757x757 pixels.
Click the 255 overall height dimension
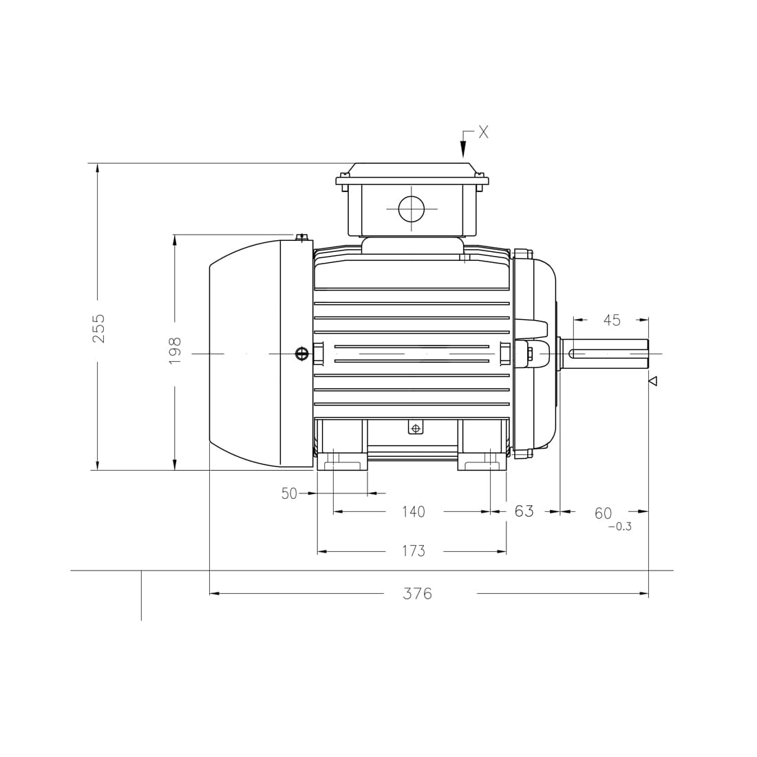[99, 328]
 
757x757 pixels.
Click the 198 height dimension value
[175, 350]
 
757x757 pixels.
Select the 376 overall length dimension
[417, 594]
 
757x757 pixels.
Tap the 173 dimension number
[413, 551]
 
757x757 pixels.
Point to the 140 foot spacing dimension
[413, 512]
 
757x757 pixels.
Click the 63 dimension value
[524, 511]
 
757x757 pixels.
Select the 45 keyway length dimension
[611, 320]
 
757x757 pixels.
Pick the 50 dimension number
[289, 493]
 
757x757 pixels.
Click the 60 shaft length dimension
[603, 513]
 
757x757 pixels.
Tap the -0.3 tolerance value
[619, 527]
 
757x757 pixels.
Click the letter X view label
[484, 132]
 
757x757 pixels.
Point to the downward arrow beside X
[463, 147]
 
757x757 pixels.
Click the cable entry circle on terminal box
[411, 209]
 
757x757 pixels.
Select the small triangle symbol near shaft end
[653, 381]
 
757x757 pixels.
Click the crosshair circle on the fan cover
[301, 354]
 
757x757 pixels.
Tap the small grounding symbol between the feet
[415, 428]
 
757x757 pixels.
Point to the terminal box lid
[412, 172]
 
